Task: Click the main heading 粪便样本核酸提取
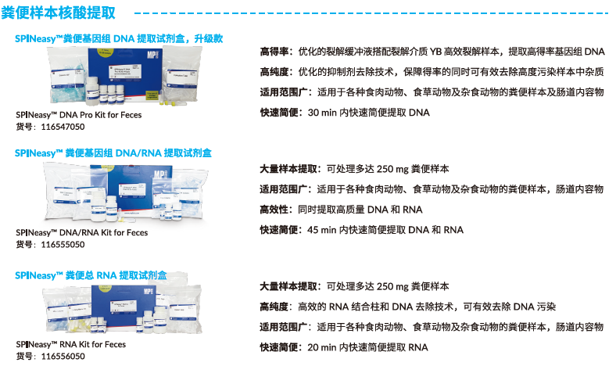[58, 13]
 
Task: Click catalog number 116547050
[63, 127]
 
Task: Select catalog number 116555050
[63, 245]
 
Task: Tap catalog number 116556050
[63, 356]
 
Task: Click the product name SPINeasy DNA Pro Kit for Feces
[79, 115]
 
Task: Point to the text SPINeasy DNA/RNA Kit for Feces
[82, 232]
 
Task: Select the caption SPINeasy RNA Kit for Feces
[70, 344]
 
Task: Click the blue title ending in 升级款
[119, 38]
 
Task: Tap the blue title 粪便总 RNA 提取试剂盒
[91, 275]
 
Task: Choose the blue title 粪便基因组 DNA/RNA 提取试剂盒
[113, 153]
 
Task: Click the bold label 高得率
[274, 52]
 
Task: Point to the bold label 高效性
[274, 210]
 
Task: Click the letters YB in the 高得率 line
[435, 52]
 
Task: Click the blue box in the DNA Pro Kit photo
[125, 75]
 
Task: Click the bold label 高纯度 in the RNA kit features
[274, 307]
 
